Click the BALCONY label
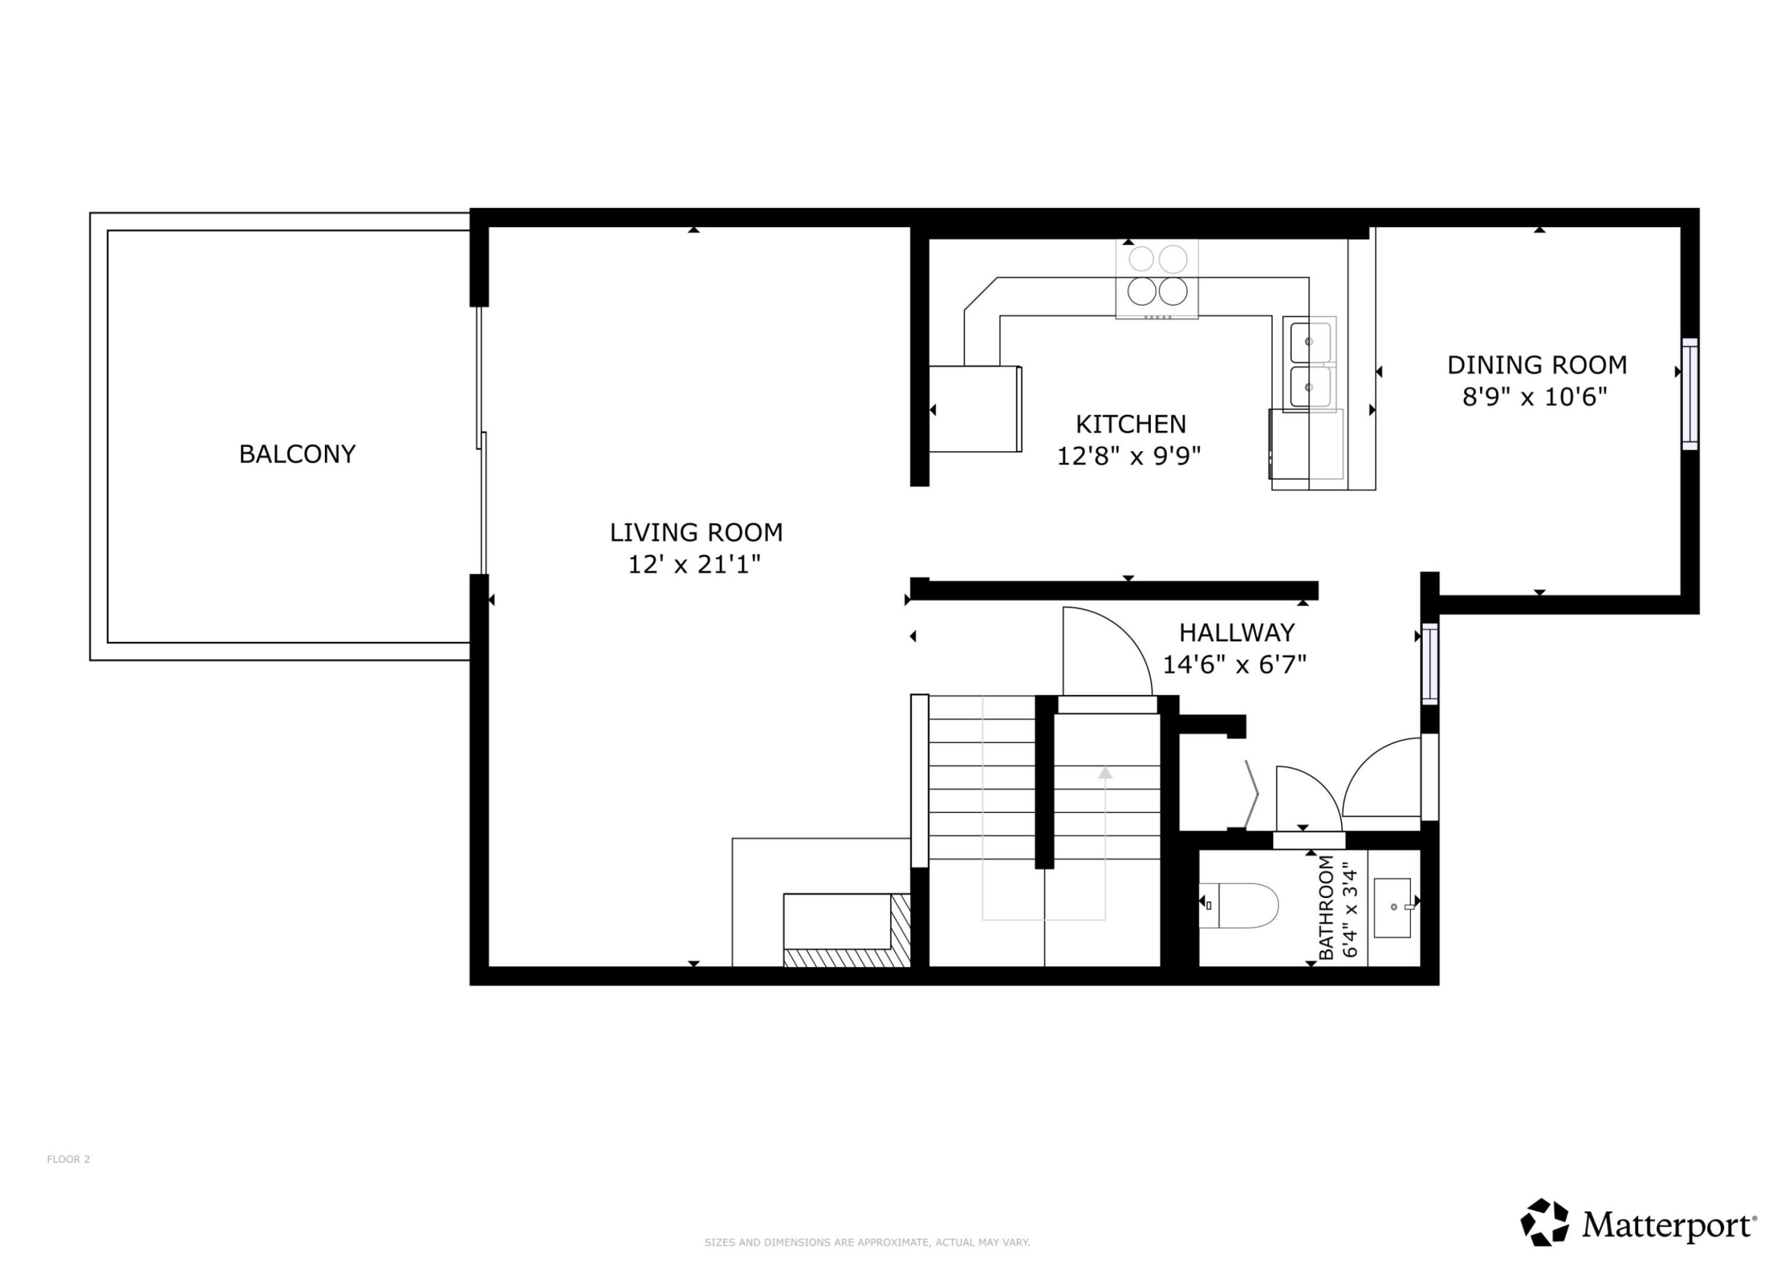point(297,454)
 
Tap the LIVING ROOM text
point(696,533)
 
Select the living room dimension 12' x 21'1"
point(694,565)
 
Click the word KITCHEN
point(1131,425)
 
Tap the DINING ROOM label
point(1537,365)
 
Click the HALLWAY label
point(1236,633)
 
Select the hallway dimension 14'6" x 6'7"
point(1234,664)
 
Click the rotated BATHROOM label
point(1326,907)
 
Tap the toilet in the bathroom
point(1239,906)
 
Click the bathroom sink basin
point(1391,907)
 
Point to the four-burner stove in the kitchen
point(1157,279)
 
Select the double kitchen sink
point(1310,364)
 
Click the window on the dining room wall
point(1689,394)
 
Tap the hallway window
point(1430,663)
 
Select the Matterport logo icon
point(1545,1222)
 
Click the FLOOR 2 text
point(68,1159)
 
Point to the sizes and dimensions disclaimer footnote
point(867,1242)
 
